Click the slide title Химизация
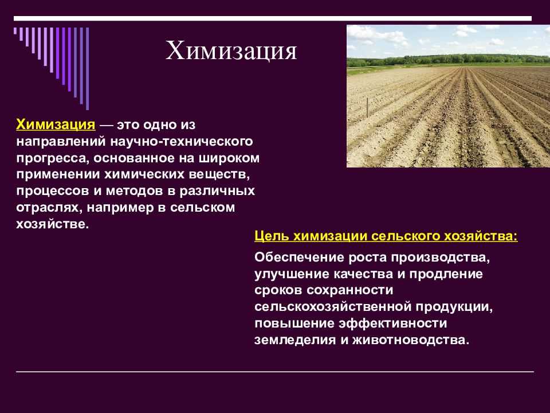click(x=231, y=50)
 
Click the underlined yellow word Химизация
click(x=56, y=124)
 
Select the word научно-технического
click(x=182, y=142)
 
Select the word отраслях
click(x=48, y=208)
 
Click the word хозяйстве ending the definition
click(x=53, y=224)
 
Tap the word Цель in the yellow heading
click(x=272, y=236)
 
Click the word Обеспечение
click(x=299, y=257)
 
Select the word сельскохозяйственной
click(x=333, y=307)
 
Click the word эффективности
click(x=393, y=323)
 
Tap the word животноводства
click(x=410, y=340)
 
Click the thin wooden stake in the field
click(x=367, y=107)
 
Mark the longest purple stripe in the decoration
click(x=87, y=68)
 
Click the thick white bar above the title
click(x=273, y=18)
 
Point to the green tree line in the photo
click(x=448, y=60)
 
